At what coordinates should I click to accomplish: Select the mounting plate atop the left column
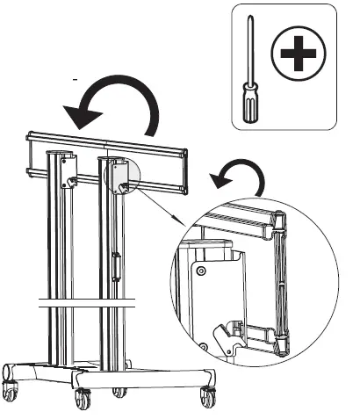(68, 171)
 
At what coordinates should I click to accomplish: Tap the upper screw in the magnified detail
(201, 272)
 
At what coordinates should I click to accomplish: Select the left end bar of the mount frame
(30, 158)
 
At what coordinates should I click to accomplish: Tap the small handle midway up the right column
(117, 264)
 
